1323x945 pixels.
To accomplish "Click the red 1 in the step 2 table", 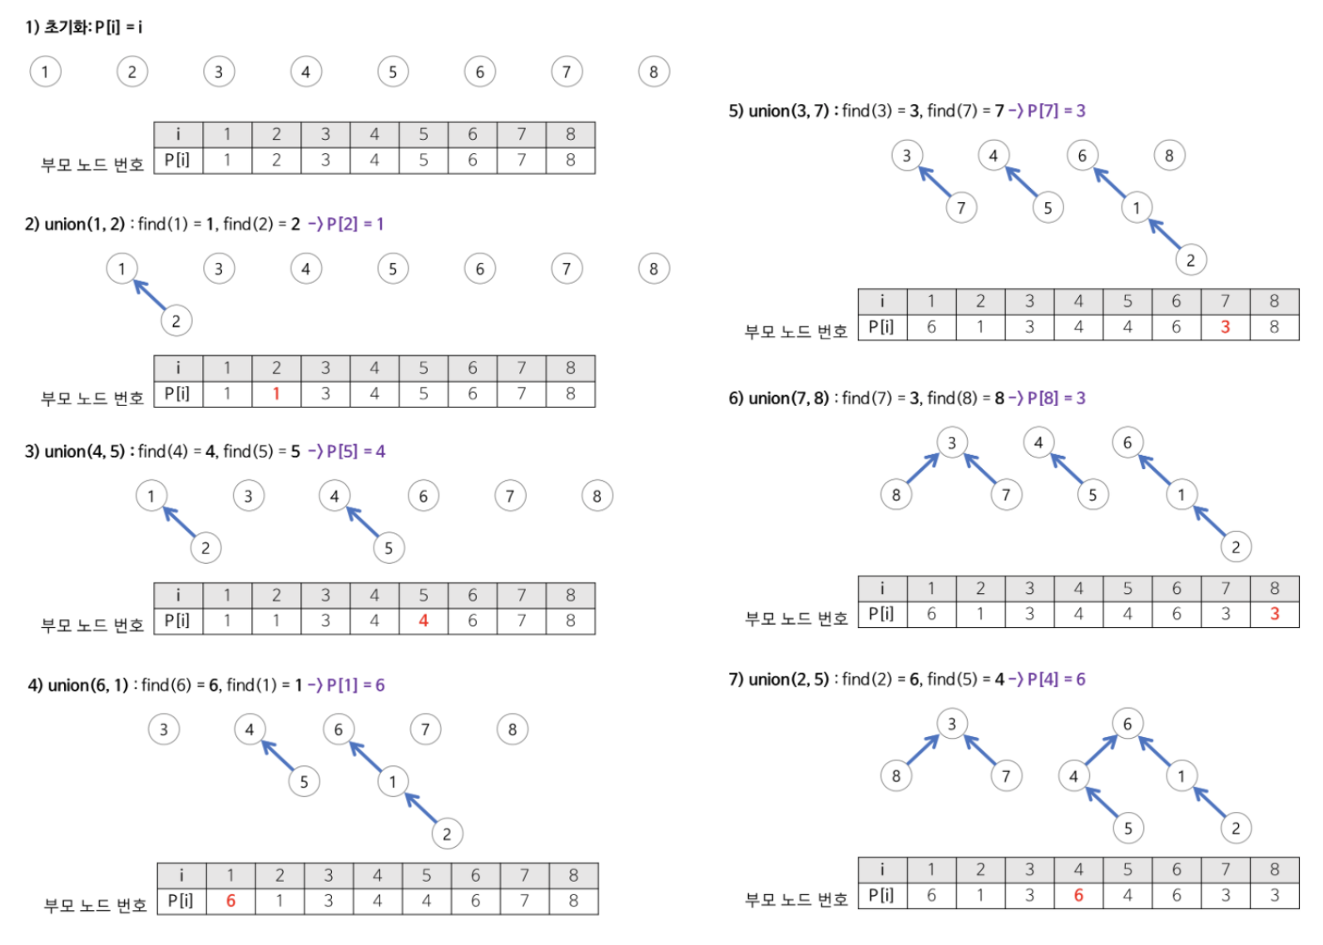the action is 276,393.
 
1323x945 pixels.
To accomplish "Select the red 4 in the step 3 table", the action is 424,621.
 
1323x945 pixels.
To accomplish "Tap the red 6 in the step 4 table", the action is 230,901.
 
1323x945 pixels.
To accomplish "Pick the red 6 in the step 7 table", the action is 1078,895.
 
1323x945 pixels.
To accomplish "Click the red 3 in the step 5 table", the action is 1225,327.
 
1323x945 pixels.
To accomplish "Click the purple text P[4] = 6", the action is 1056,679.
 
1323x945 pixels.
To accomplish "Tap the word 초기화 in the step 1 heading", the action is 67,27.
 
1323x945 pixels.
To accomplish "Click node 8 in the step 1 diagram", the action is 653,72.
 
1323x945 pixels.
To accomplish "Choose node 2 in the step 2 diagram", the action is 176,321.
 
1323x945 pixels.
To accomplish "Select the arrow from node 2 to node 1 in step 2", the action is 149,294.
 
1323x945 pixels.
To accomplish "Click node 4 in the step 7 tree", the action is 1073,776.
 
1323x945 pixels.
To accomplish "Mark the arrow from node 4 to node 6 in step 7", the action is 1101,750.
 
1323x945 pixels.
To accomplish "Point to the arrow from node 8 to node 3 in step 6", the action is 923,468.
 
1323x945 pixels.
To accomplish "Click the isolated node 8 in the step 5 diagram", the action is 1169,156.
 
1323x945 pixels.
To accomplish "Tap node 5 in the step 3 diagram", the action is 389,548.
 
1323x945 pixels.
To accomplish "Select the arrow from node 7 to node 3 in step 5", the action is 934,181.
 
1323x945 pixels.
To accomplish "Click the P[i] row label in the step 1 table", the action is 177,160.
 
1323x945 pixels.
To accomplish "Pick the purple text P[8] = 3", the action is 1056,398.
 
